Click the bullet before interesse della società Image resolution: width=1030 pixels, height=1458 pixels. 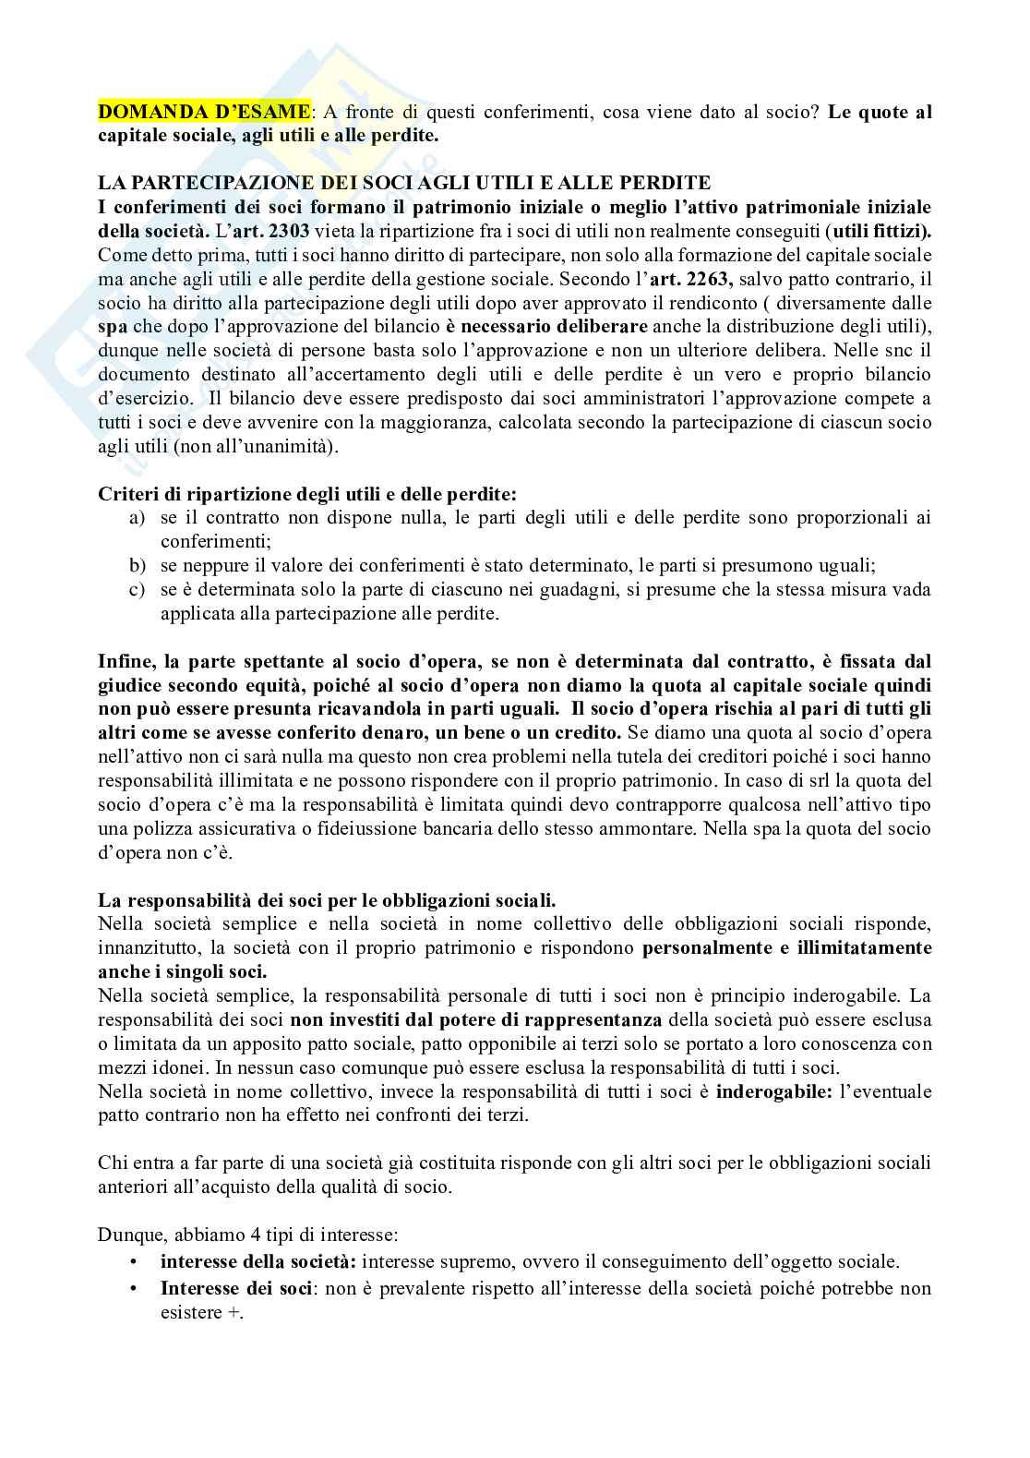pyautogui.click(x=134, y=1262)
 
